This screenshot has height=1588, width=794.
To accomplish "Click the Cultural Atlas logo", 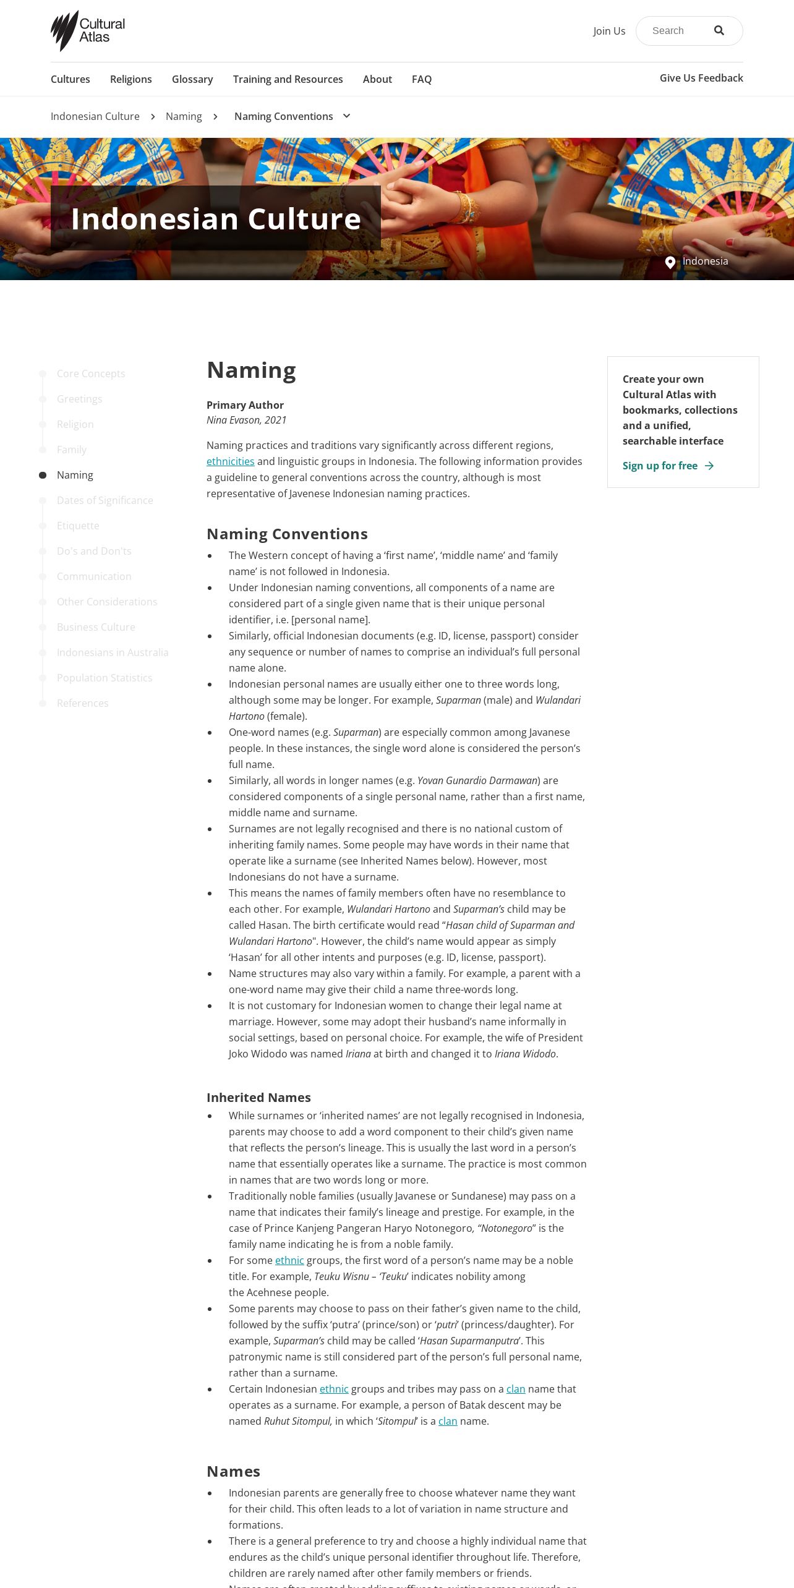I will point(88,31).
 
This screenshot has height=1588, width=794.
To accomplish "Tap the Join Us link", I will point(609,31).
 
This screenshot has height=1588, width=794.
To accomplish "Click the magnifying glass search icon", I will point(719,31).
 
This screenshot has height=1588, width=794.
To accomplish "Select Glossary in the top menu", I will point(192,79).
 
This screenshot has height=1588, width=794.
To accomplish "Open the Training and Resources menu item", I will point(288,79).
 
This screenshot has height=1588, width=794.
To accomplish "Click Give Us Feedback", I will point(701,78).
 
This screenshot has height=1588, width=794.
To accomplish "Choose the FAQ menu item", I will point(422,79).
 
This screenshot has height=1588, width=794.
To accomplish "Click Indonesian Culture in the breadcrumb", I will point(95,116).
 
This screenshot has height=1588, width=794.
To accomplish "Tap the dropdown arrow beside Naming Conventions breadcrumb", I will point(347,116).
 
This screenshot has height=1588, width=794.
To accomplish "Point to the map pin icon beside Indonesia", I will point(670,262).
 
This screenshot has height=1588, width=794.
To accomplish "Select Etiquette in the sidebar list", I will point(78,526).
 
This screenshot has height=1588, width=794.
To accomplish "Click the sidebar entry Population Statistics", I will point(105,678).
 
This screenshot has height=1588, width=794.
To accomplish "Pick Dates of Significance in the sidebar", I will point(105,500).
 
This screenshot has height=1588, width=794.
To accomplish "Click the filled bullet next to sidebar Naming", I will point(43,475).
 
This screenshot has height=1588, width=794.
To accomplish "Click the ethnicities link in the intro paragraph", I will point(231,461).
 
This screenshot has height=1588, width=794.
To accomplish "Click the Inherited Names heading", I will point(258,1098).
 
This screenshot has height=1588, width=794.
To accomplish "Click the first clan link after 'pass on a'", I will point(516,1389).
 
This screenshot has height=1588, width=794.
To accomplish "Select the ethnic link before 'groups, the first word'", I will point(289,1260).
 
